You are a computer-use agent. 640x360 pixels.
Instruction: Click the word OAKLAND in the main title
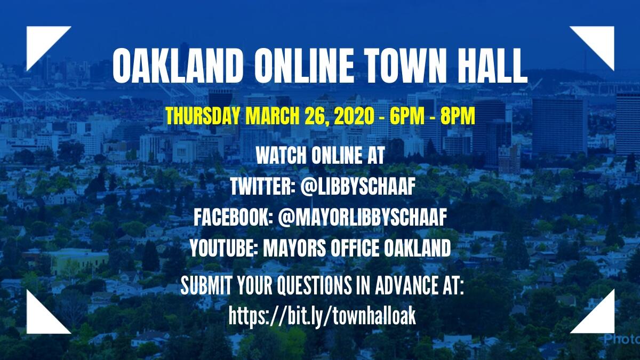coord(176,66)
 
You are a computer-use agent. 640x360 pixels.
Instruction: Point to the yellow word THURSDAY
coord(203,116)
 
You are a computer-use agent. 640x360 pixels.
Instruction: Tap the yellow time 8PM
coord(458,116)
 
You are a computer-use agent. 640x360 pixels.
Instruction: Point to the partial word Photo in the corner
coord(622,339)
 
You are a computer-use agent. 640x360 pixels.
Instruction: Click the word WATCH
coord(281,156)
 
